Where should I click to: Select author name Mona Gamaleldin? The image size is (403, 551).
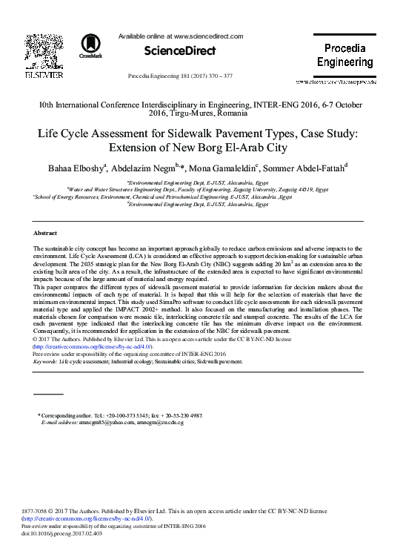231,166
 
